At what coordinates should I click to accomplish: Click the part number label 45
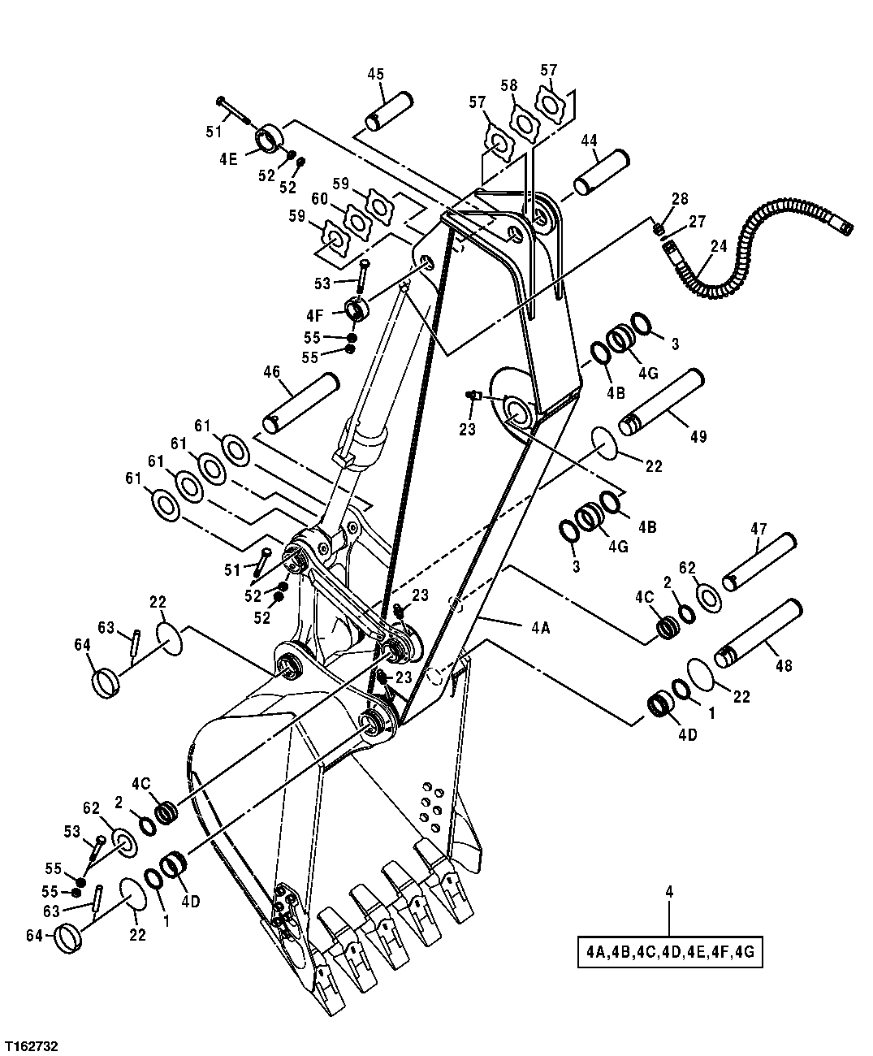(375, 74)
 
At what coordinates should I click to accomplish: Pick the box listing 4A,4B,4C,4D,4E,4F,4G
(670, 952)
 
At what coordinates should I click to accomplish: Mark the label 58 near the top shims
(508, 85)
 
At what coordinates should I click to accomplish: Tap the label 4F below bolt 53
(317, 314)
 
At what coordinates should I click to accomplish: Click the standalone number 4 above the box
(669, 892)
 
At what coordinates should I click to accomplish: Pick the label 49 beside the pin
(698, 436)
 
